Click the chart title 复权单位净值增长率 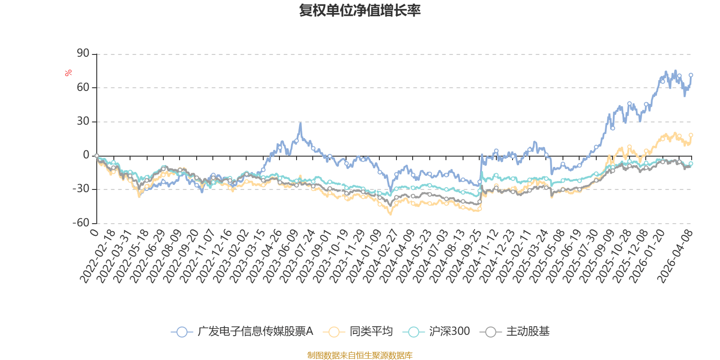pos(360,10)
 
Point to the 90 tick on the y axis pos(83,54)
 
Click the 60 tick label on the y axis pos(83,87)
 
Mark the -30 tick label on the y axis pos(81,189)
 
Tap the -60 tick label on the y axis pos(81,223)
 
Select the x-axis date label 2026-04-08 pos(675,256)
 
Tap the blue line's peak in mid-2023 pos(300,122)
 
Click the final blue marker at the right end pos(691,75)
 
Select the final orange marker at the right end pos(691,135)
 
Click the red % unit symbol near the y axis pos(68,73)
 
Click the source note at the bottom pos(360,355)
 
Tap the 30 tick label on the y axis pos(83,121)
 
